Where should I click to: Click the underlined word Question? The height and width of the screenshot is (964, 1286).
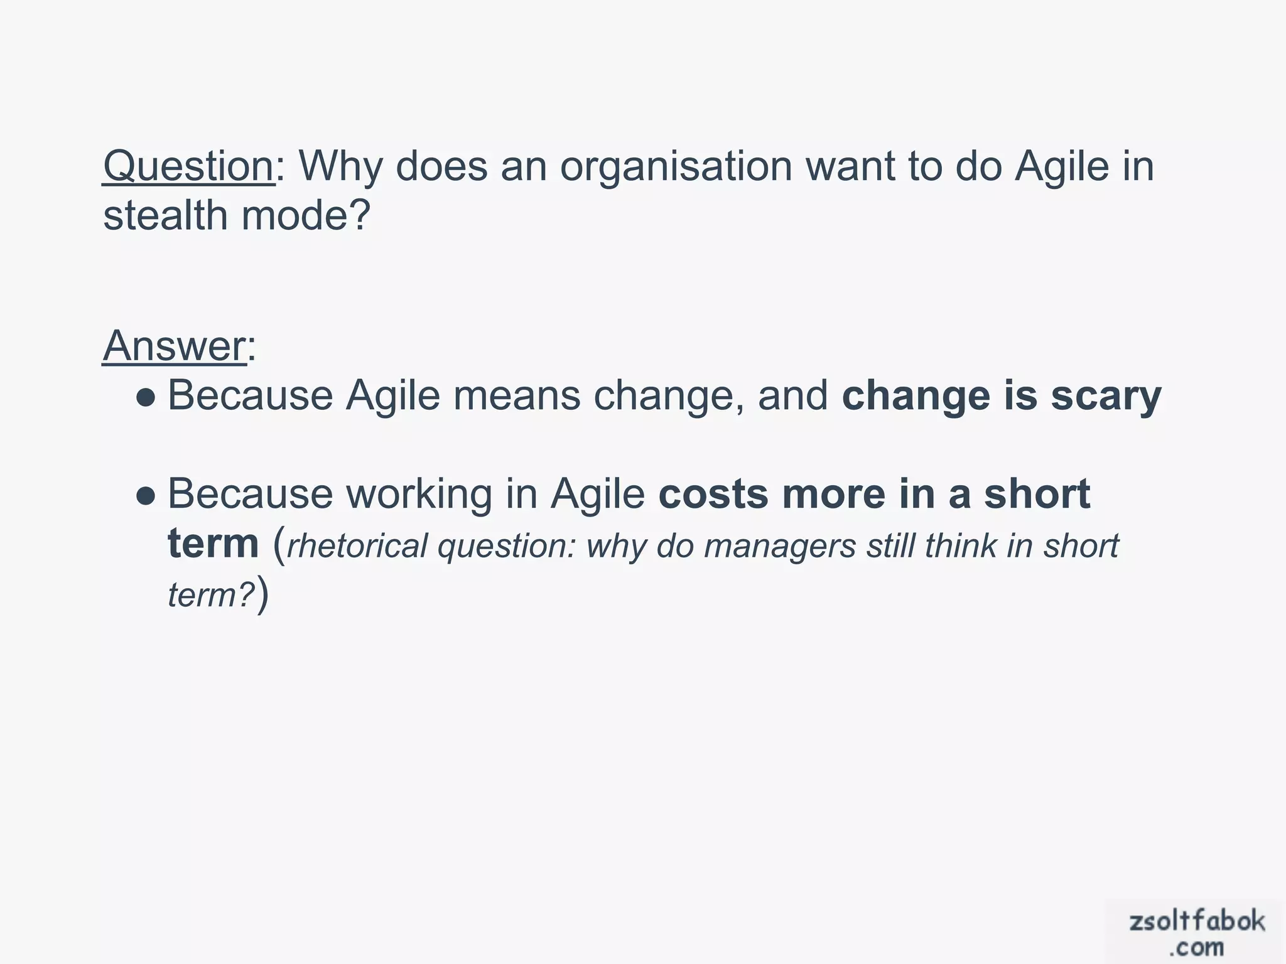(x=188, y=166)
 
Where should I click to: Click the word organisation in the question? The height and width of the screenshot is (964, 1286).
(x=676, y=168)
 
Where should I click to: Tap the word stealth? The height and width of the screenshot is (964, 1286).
(x=165, y=215)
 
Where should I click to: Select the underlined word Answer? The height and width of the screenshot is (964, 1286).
(x=175, y=346)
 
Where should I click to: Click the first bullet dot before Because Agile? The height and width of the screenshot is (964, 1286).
(x=146, y=397)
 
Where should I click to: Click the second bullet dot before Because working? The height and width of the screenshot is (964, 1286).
(x=146, y=496)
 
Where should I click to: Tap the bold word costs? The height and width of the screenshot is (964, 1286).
(x=713, y=494)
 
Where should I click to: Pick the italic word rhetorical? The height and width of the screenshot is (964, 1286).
(x=357, y=545)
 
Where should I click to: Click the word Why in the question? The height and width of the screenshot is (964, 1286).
(x=340, y=166)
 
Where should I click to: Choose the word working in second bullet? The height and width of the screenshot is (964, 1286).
(x=419, y=495)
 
